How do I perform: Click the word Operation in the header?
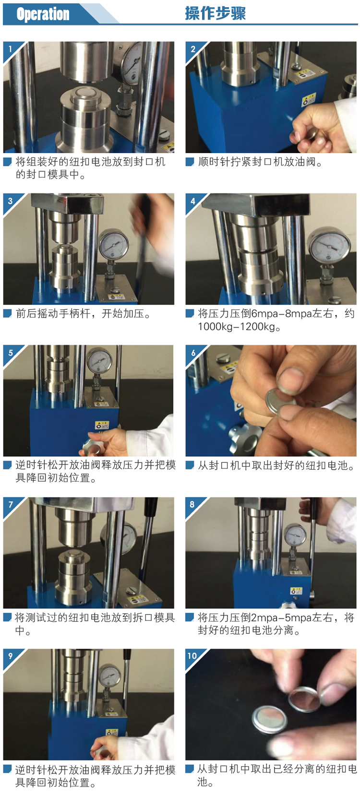pyautogui.click(x=43, y=14)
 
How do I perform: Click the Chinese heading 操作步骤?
pyautogui.click(x=215, y=13)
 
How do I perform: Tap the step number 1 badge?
pyautogui.click(x=11, y=48)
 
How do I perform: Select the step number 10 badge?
pyautogui.click(x=192, y=655)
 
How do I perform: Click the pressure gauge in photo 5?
pyautogui.click(x=99, y=361)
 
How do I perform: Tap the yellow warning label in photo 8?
pyautogui.click(x=296, y=591)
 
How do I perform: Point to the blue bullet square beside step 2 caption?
pyautogui.click(x=189, y=162)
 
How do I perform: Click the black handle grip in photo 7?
pyautogui.click(x=151, y=511)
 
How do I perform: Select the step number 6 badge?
pyautogui.click(x=193, y=353)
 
